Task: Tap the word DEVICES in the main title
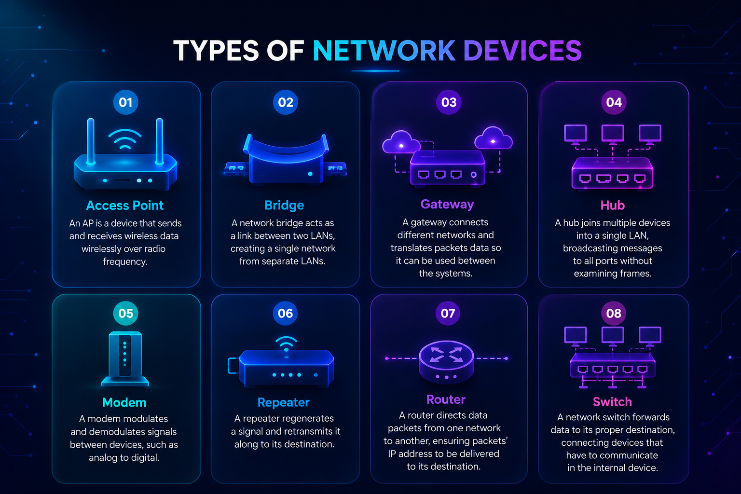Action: coord(522,51)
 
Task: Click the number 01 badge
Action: coord(126,102)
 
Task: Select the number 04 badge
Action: coord(614,102)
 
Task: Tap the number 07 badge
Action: coord(448,313)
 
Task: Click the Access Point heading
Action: coord(125,206)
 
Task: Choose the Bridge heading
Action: coord(284,206)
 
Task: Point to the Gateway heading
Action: coord(447,205)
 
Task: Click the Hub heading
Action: coord(613,206)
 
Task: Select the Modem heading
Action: coord(124,402)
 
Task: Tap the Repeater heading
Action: coord(284,402)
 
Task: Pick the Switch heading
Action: coord(612,402)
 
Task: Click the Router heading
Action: coord(446,399)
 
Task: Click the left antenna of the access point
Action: coord(91,141)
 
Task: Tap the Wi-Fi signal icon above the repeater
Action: coord(286,343)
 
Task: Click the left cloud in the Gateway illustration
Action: coord(401,142)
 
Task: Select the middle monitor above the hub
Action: coord(613,134)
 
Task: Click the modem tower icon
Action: coord(125,358)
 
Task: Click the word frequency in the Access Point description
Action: coord(125,262)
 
